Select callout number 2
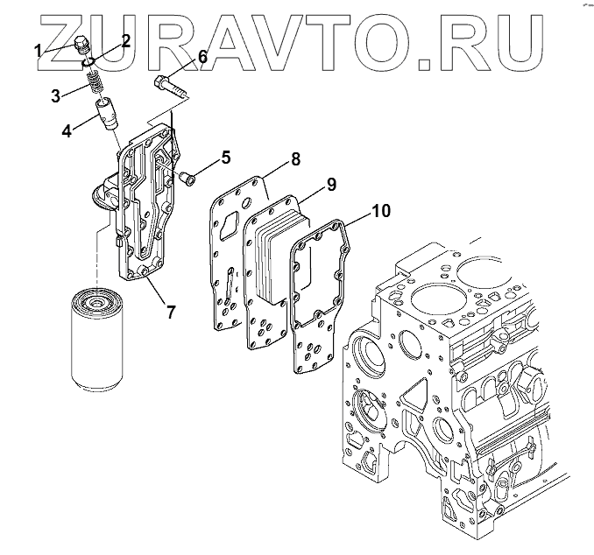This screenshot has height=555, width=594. pyautogui.click(x=126, y=39)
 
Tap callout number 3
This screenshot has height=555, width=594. pyautogui.click(x=54, y=95)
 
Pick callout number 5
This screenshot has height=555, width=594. pyautogui.click(x=225, y=158)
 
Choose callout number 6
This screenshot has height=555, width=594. pyautogui.click(x=202, y=57)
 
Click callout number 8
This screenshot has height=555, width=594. pyautogui.click(x=295, y=159)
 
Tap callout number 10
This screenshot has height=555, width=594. pyautogui.click(x=381, y=211)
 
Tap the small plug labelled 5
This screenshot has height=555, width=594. pyautogui.click(x=187, y=177)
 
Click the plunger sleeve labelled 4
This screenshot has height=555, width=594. pyautogui.click(x=108, y=115)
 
